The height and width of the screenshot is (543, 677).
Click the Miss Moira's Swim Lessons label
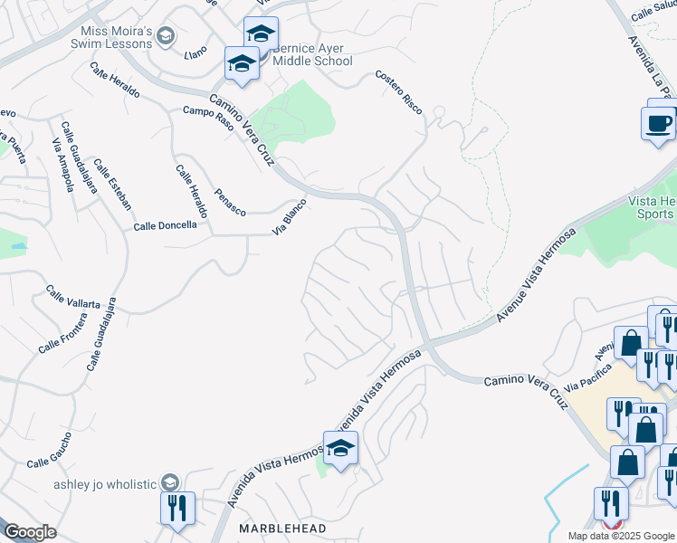coord(111,37)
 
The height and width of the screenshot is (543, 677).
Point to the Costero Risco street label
coord(399,91)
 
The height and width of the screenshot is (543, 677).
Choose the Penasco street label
coord(230,201)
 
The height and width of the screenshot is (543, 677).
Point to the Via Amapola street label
coord(62,166)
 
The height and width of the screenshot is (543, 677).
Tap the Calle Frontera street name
coord(61,337)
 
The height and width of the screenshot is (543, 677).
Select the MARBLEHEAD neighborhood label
coord(275,527)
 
